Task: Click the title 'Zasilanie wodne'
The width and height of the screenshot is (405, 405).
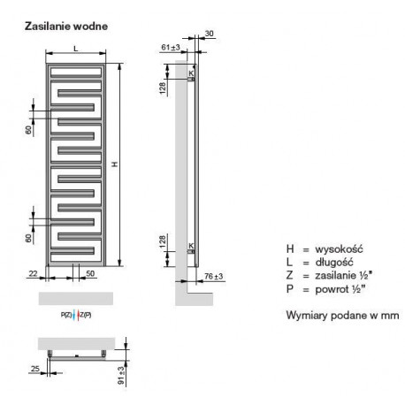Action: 66,27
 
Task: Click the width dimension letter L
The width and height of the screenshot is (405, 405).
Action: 76,49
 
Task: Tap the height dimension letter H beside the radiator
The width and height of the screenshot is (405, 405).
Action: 115,164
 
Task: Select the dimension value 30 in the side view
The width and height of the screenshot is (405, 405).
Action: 209,34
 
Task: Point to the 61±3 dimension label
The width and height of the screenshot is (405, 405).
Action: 171,47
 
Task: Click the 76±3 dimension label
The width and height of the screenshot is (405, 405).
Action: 214,277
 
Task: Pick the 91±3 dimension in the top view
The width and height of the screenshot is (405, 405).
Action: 121,376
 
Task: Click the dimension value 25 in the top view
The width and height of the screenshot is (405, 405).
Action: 35,369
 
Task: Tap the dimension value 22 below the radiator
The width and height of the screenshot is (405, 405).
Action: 33,273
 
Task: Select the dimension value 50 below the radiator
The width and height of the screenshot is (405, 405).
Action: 90,273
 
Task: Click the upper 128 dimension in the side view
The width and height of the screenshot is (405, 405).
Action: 163,88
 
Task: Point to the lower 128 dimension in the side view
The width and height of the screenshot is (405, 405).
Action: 163,241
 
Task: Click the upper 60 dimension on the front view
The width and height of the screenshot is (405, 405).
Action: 28,130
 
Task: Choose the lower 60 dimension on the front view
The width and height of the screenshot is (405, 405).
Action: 28,238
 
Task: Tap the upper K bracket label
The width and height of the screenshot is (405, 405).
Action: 191,73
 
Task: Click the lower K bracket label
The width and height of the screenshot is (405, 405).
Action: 191,246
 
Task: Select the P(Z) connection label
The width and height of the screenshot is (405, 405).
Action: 66,315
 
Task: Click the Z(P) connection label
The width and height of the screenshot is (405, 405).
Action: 86,315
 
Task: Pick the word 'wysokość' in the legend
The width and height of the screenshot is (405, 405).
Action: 339,249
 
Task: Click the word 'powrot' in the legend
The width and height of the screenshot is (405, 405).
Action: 332,289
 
